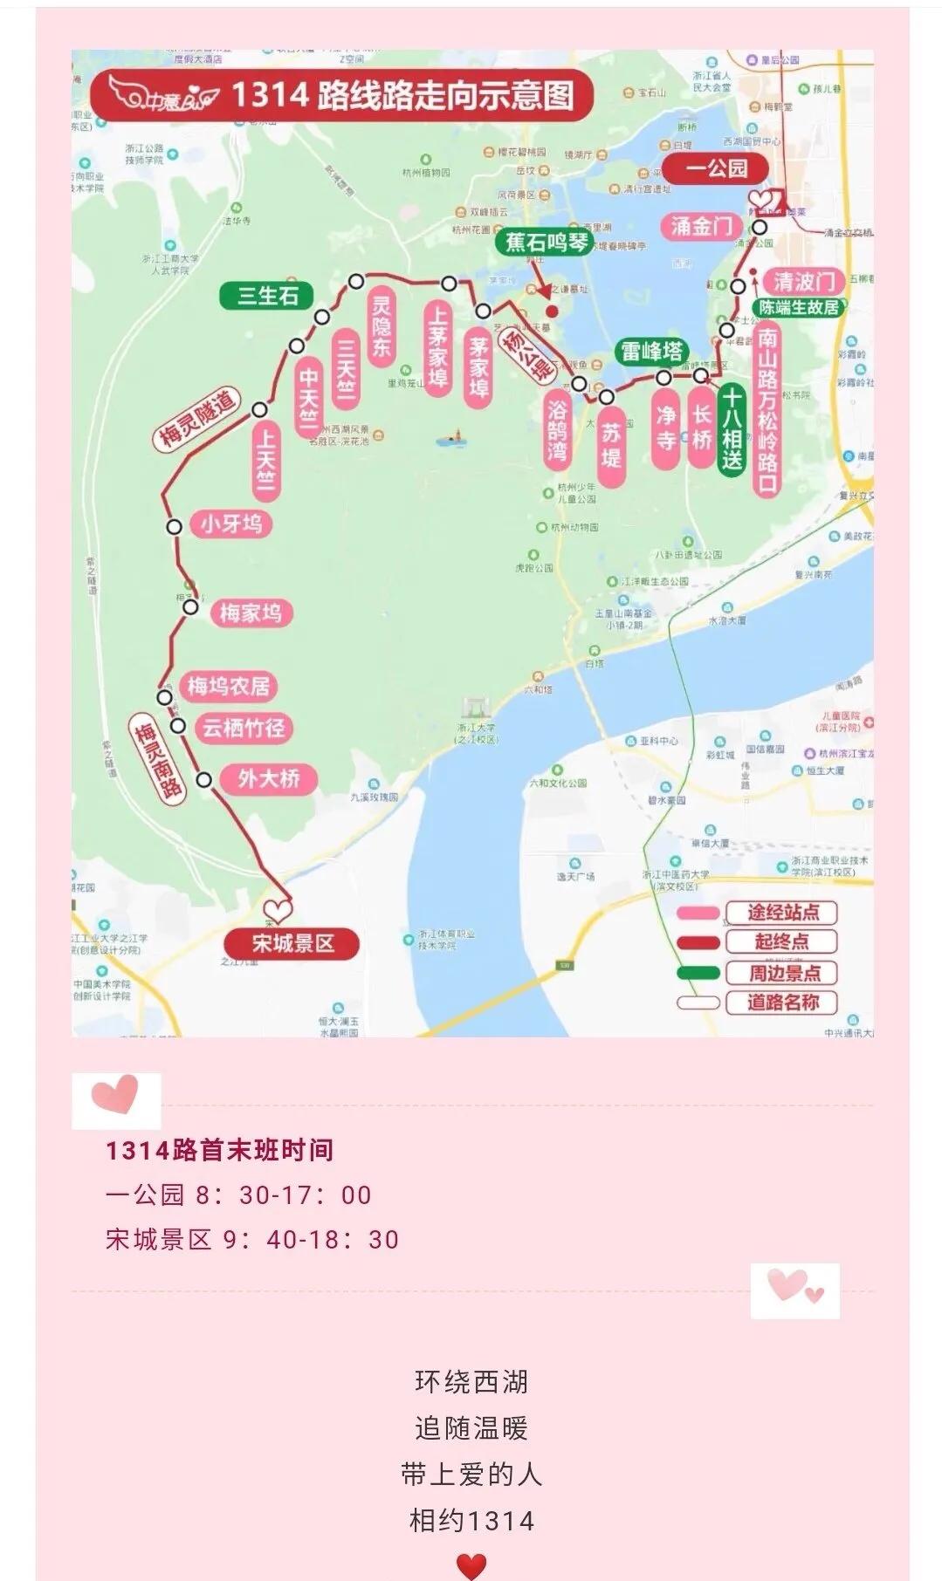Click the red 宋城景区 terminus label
tap(292, 943)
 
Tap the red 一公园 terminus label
tap(716, 168)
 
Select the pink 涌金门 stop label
tap(702, 227)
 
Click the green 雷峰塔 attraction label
tap(650, 352)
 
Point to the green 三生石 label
tap(268, 296)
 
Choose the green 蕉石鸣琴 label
tap(548, 242)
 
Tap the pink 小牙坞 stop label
tap(230, 524)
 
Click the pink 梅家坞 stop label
tap(251, 613)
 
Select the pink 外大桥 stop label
tap(268, 778)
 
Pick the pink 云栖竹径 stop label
tap(244, 728)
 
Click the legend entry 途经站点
tap(782, 913)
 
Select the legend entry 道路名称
tap(782, 1002)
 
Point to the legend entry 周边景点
tap(782, 972)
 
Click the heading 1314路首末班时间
tap(219, 1150)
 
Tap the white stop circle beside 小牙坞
tap(175, 526)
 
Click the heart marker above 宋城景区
tap(277, 911)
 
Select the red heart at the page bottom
tap(471, 1566)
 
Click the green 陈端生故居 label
tap(799, 308)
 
